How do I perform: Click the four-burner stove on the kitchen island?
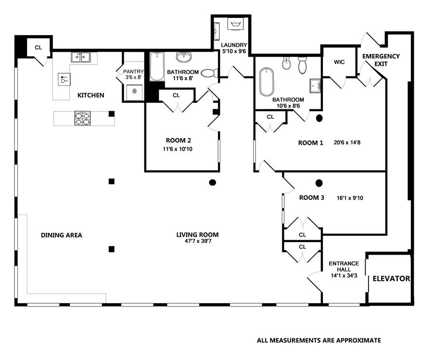83,118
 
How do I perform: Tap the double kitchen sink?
80,57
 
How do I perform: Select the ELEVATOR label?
391,279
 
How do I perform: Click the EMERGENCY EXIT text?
381,60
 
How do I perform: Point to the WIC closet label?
339,62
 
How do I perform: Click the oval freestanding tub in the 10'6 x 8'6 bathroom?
267,82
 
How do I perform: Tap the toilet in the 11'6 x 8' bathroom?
209,73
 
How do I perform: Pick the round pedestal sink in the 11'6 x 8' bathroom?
184,57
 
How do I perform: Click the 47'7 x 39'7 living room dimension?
198,241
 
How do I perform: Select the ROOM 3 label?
311,197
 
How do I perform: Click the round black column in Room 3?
319,183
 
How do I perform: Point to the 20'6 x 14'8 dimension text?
347,142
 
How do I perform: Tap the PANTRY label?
133,72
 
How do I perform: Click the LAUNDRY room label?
234,45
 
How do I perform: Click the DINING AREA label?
61,235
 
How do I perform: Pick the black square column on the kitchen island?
112,114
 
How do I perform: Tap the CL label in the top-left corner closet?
38,48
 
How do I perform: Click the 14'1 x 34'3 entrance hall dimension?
344,275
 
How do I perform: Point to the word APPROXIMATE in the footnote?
358,340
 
